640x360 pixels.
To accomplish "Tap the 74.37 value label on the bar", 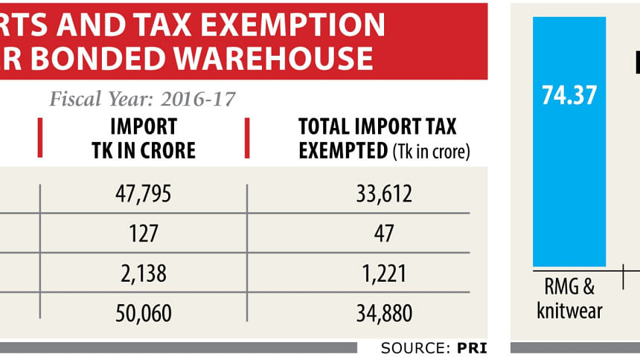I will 569,94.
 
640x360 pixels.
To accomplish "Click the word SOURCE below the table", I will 411,347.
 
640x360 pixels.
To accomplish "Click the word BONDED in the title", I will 141,58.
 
